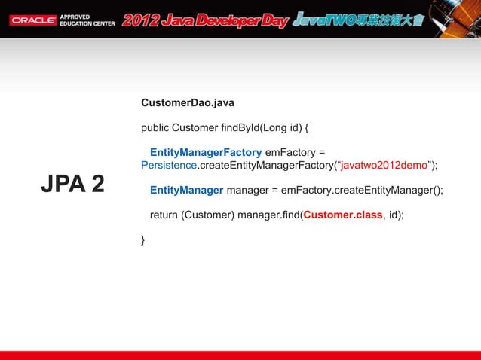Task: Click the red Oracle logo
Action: [x=32, y=20]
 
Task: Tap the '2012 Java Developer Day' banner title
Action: [x=205, y=20]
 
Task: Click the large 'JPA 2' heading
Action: [x=72, y=184]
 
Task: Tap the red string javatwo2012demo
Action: [x=384, y=165]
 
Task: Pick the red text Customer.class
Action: [x=342, y=215]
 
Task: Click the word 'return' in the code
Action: [x=164, y=215]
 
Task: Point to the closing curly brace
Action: [x=143, y=239]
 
